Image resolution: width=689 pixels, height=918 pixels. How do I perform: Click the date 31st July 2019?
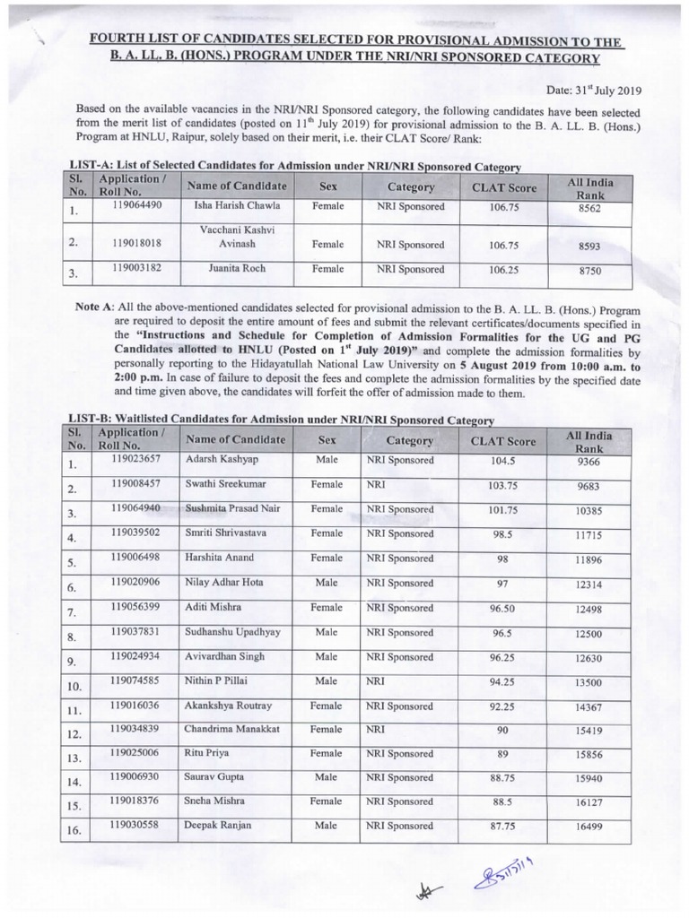pyautogui.click(x=596, y=90)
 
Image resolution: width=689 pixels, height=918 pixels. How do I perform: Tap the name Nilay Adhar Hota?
pyautogui.click(x=223, y=582)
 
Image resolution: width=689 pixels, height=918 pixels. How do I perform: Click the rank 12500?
pyautogui.click(x=589, y=634)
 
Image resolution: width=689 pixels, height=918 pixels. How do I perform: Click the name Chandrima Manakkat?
pyautogui.click(x=231, y=729)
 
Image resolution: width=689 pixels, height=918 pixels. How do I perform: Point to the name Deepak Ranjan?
pyautogui.click(x=218, y=826)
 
